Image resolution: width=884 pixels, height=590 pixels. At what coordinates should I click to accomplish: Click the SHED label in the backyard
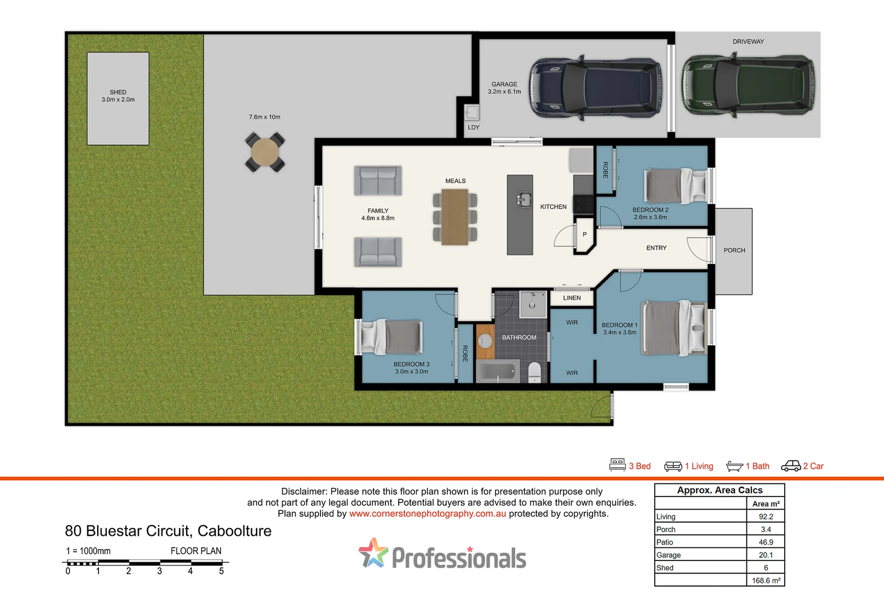click(x=118, y=92)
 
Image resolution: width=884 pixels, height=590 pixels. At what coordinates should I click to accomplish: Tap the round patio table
click(x=265, y=152)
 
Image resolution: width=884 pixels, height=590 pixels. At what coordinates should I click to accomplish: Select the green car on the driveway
click(x=748, y=85)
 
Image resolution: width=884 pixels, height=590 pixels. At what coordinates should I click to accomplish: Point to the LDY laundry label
click(x=473, y=127)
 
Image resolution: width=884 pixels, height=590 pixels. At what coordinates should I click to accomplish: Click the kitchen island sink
click(x=524, y=199)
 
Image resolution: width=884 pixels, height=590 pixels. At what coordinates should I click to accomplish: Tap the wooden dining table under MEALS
click(x=455, y=217)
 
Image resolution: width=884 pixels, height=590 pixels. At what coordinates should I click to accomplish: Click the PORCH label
click(x=734, y=250)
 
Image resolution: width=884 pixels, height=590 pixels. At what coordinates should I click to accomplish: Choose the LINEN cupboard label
click(x=572, y=298)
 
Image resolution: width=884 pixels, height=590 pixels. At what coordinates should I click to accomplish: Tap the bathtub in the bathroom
click(x=498, y=371)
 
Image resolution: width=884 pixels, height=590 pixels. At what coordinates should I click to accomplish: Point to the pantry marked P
click(x=584, y=234)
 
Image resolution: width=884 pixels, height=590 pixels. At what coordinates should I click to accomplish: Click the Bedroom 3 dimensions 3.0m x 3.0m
click(x=411, y=371)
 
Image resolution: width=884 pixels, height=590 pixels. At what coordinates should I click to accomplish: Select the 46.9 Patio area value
click(x=766, y=542)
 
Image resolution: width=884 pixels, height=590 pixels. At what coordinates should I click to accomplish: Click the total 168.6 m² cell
click(x=766, y=580)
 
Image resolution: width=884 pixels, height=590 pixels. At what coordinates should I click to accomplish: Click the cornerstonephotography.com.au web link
click(x=428, y=514)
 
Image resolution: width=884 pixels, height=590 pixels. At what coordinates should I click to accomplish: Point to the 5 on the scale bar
click(x=221, y=571)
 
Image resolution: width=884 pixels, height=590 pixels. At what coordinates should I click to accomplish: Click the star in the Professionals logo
click(x=373, y=553)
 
